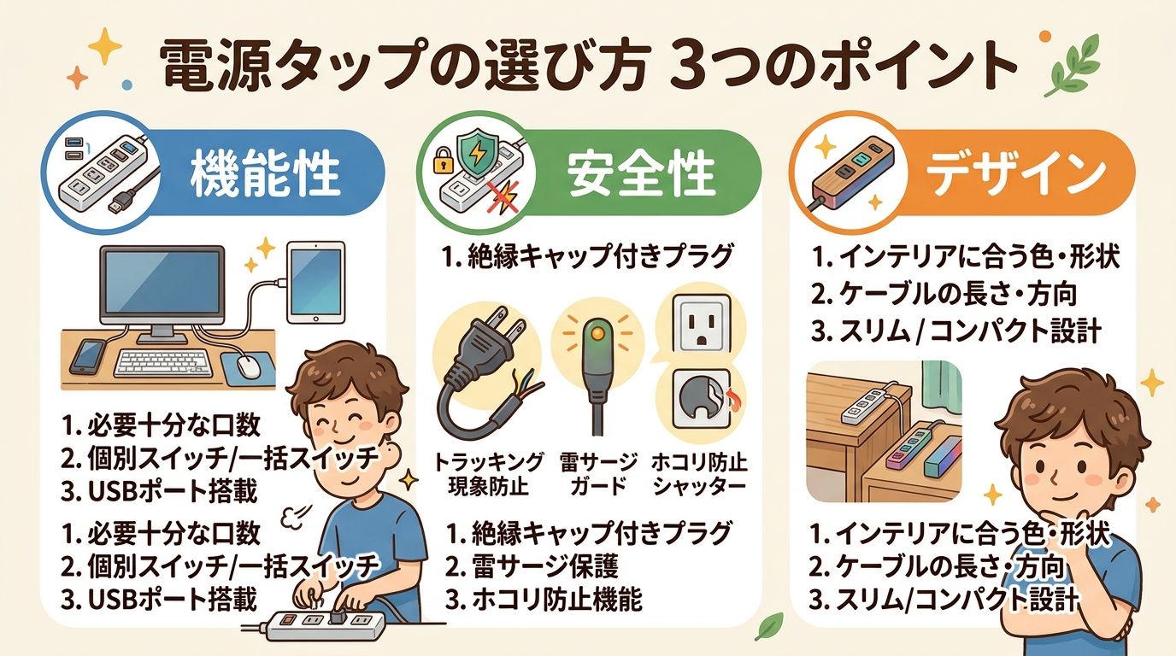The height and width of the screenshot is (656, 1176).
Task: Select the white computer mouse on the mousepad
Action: [248, 366]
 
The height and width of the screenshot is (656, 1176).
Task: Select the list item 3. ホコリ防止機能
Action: [544, 600]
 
